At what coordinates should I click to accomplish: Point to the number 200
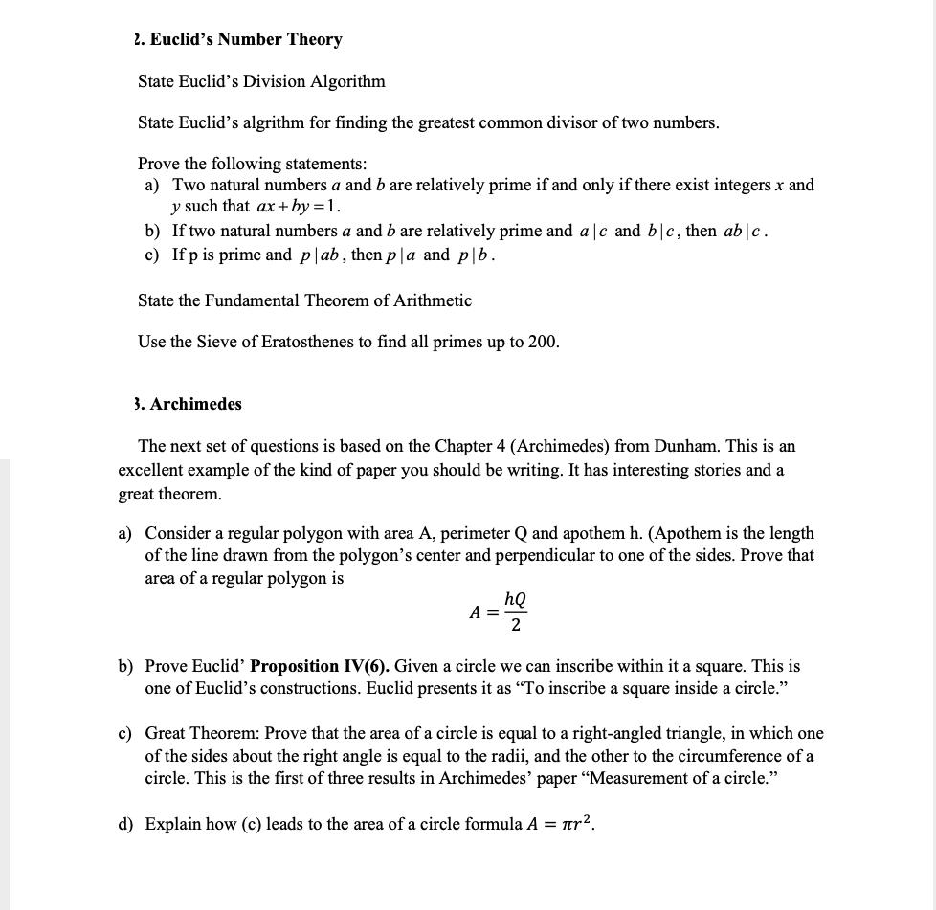[x=542, y=343]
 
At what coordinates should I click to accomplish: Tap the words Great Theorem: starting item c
[x=201, y=733]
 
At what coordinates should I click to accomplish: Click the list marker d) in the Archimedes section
[x=126, y=824]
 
